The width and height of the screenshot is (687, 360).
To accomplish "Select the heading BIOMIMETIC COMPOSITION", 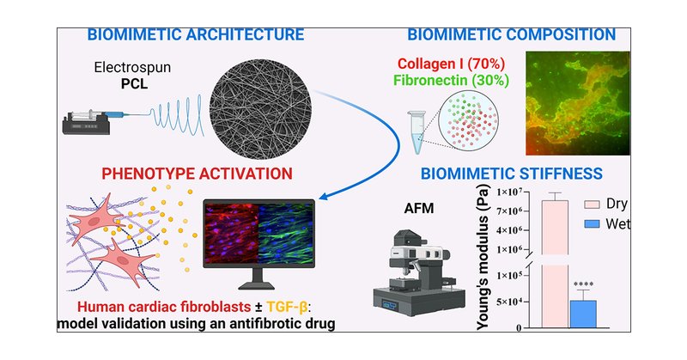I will [x=511, y=35].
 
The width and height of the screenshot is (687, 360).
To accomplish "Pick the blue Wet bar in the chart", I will [x=583, y=313].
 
